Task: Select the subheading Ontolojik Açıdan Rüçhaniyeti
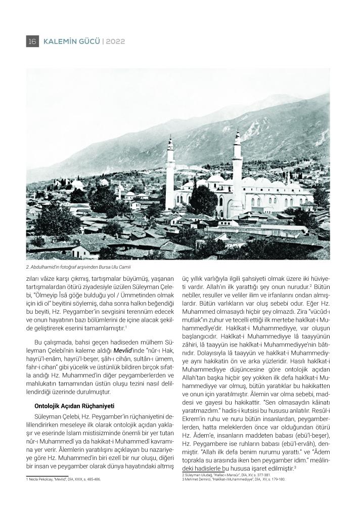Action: [x=74, y=406]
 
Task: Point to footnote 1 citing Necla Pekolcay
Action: [x=63, y=479]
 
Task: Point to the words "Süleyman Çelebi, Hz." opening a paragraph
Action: [x=60, y=415]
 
